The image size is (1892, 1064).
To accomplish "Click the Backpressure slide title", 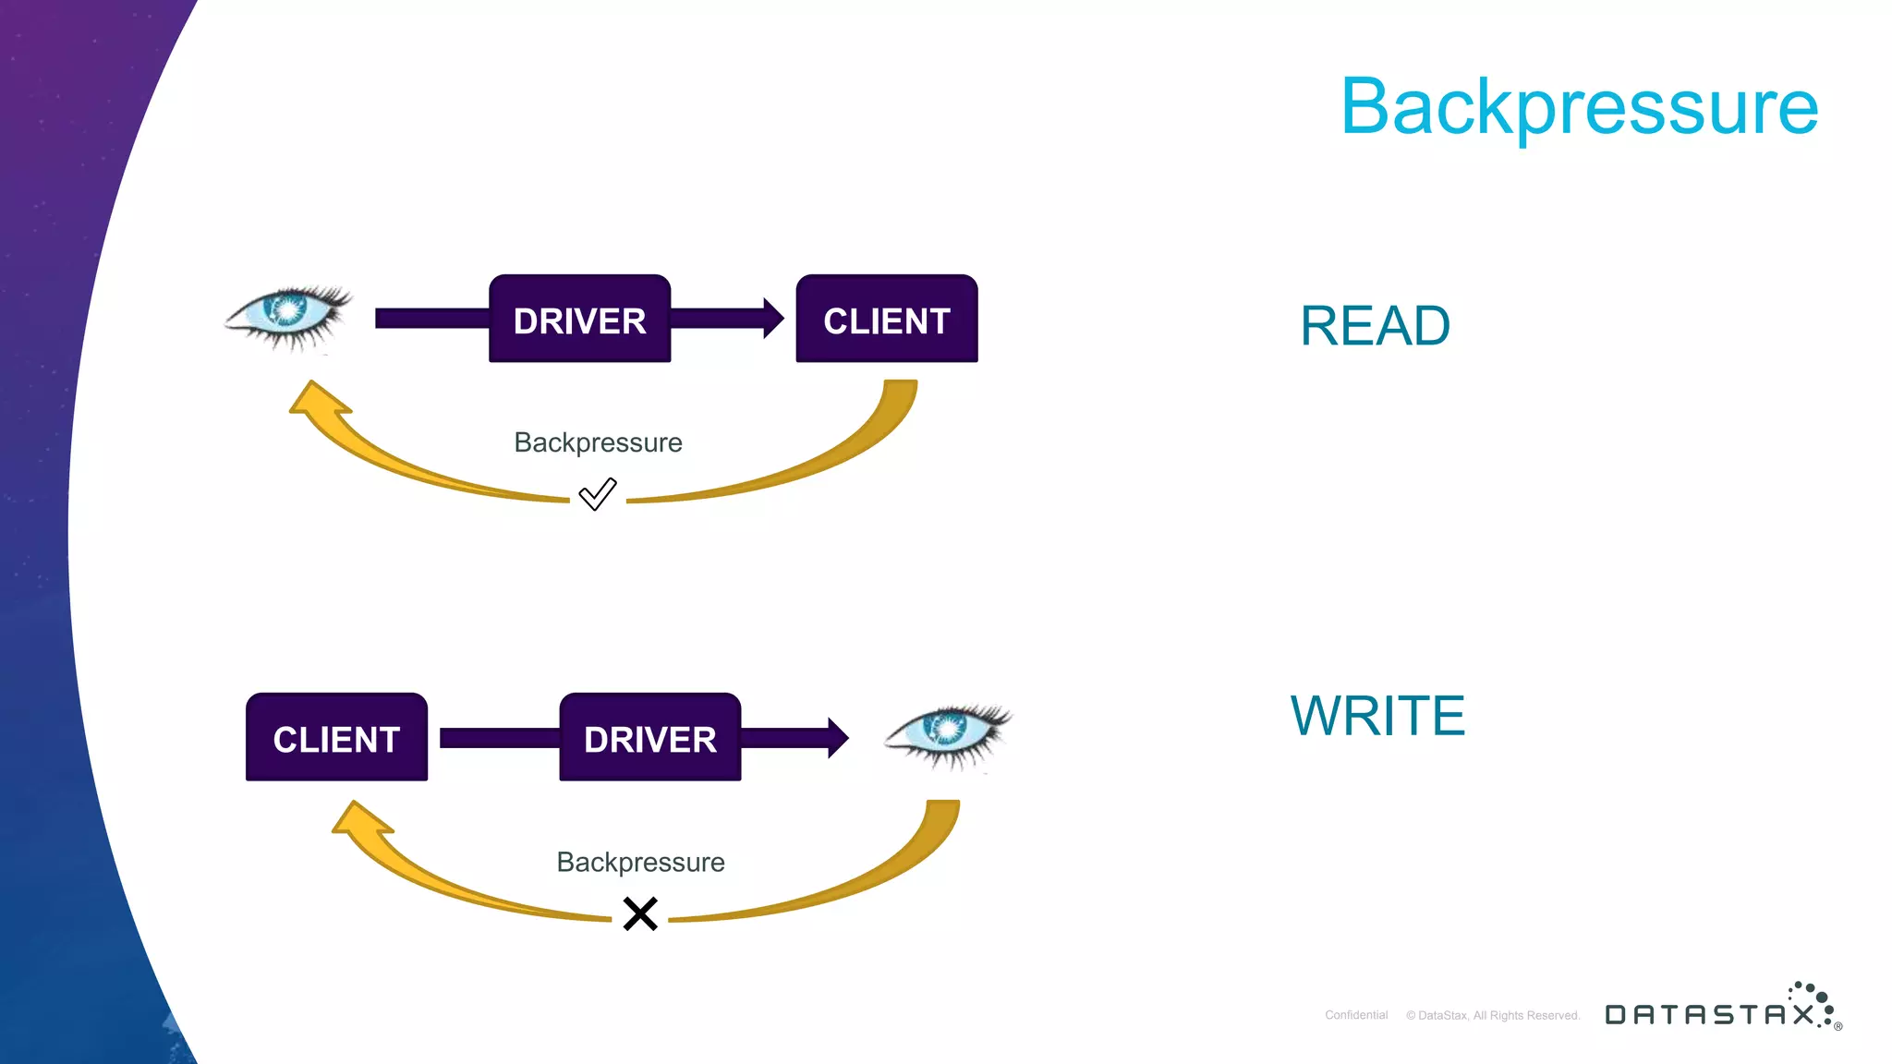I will [1579, 106].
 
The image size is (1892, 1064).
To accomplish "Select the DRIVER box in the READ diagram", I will [579, 319].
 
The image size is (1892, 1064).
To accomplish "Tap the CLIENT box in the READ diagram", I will [886, 319].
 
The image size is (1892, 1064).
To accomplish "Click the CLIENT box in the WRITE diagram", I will [336, 737].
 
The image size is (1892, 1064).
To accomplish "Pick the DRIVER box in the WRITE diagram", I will [649, 737].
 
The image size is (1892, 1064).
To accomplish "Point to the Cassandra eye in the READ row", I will [289, 315].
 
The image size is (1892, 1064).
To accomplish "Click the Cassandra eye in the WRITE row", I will [949, 733].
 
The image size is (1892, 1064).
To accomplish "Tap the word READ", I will [1374, 326].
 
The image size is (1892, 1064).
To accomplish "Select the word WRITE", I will [1377, 716].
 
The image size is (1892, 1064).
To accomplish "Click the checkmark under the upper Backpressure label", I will [597, 494].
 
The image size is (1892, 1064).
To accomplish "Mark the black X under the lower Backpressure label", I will [639, 913].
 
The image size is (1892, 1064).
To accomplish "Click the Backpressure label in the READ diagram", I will [598, 442].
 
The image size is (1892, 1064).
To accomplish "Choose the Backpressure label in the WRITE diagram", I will [640, 862].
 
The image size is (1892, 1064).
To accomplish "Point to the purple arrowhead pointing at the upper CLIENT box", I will [772, 319].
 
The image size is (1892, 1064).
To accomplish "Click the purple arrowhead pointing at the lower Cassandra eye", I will [837, 738].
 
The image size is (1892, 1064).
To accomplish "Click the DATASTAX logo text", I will [1709, 1014].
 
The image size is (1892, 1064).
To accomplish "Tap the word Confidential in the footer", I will [1355, 1015].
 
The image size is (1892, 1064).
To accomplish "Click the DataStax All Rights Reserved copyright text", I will [1492, 1015].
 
